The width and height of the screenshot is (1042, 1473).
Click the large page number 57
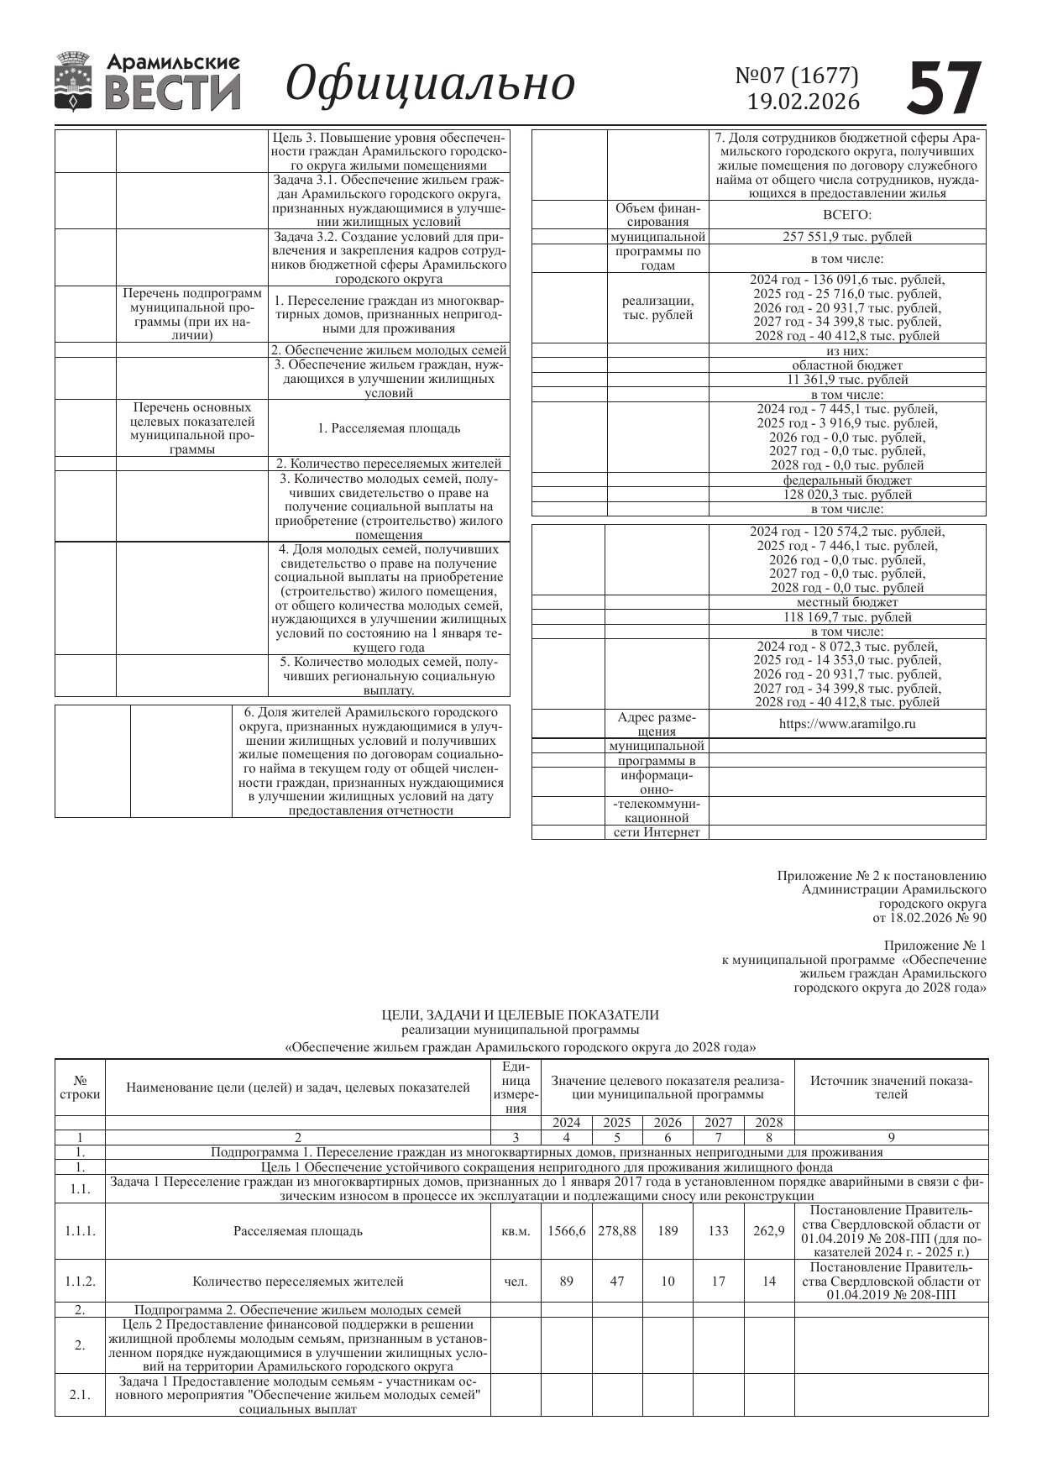(x=944, y=87)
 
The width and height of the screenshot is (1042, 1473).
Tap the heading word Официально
(x=430, y=84)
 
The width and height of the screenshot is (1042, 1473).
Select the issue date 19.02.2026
(x=804, y=102)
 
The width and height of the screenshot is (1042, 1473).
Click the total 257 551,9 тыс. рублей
(x=847, y=237)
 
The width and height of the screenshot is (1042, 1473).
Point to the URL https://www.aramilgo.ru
(x=847, y=723)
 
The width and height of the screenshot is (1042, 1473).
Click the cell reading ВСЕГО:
(x=847, y=215)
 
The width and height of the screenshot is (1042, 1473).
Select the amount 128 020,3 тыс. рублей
(x=847, y=495)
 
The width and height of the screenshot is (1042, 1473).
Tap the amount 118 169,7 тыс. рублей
(x=847, y=616)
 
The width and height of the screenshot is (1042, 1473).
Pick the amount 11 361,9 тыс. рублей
(x=847, y=380)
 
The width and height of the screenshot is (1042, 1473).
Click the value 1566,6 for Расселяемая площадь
(x=567, y=1231)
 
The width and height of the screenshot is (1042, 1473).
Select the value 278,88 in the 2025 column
(x=617, y=1231)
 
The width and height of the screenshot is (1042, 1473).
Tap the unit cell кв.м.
(x=516, y=1231)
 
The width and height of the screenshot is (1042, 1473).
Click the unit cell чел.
(x=516, y=1282)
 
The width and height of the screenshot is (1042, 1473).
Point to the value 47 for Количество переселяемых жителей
(x=617, y=1282)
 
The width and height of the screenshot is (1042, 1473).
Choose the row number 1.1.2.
(x=80, y=1282)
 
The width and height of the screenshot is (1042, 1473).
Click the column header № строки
(x=80, y=1088)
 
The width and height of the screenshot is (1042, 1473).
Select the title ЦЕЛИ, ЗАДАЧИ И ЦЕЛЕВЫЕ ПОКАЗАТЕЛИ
(x=521, y=1014)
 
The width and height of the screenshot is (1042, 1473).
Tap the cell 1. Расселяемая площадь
(x=389, y=428)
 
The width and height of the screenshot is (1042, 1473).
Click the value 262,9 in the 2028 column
(x=769, y=1231)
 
